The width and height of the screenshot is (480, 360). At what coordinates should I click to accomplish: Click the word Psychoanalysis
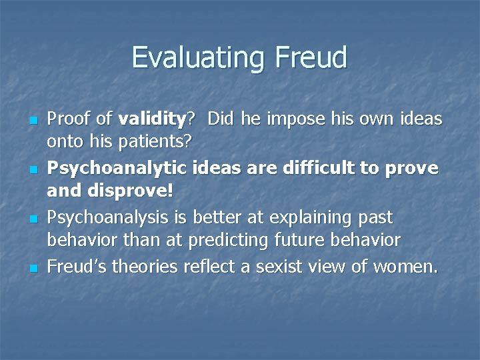tap(109, 218)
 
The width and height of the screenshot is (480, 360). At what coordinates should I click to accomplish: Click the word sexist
tap(311, 267)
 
